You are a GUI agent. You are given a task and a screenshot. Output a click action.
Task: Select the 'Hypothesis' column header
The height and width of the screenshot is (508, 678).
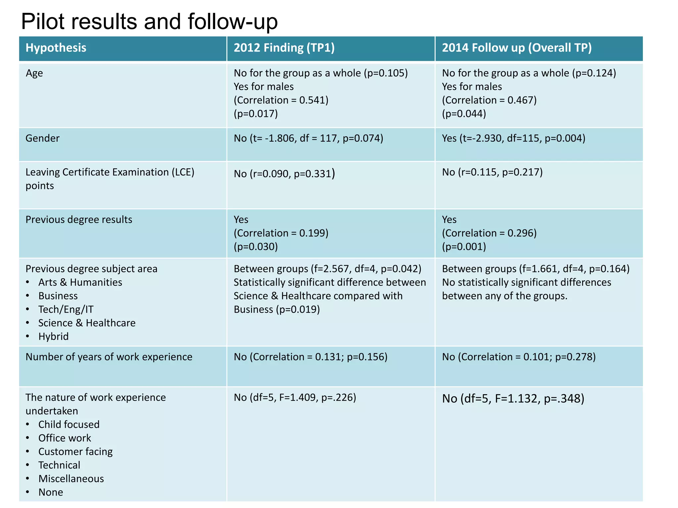[56, 48]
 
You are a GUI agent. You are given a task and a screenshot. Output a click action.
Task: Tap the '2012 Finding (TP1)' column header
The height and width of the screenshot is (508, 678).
[284, 48]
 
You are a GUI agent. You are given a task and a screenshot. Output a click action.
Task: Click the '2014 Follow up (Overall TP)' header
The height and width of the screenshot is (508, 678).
[516, 48]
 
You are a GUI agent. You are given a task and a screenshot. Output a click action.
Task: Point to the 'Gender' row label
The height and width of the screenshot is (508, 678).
[42, 138]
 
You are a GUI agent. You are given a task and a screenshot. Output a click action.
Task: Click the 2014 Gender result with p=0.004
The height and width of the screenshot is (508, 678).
[513, 138]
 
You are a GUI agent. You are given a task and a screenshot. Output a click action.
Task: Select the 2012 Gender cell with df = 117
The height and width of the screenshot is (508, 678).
[308, 138]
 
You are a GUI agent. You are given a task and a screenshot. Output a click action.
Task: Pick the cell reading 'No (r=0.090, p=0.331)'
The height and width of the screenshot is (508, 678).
[284, 174]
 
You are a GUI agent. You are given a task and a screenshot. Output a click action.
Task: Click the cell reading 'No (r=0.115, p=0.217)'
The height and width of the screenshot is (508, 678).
[492, 172]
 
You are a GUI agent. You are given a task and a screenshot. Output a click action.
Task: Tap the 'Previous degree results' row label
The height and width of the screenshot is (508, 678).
[79, 220]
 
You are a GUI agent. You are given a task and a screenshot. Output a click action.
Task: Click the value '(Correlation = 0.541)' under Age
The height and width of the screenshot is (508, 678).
[281, 100]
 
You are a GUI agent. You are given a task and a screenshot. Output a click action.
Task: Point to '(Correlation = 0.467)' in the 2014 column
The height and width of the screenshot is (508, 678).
[489, 100]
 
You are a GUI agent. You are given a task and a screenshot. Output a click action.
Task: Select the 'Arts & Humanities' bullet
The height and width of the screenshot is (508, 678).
[80, 282]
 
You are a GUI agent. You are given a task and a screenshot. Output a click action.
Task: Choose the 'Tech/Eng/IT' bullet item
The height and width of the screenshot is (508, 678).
[66, 310]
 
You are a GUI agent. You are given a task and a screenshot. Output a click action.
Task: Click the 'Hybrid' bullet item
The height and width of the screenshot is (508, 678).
[53, 337]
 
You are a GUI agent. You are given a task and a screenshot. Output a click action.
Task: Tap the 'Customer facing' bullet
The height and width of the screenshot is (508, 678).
[75, 452]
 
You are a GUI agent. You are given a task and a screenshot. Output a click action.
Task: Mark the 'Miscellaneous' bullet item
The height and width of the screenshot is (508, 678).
[71, 479]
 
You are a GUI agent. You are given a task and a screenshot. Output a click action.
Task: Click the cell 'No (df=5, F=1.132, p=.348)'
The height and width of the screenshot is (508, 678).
[513, 399]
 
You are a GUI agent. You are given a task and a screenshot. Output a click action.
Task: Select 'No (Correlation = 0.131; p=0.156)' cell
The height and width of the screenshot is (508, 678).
[310, 357]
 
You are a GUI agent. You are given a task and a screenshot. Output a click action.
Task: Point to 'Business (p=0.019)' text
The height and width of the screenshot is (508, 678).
[276, 310]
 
